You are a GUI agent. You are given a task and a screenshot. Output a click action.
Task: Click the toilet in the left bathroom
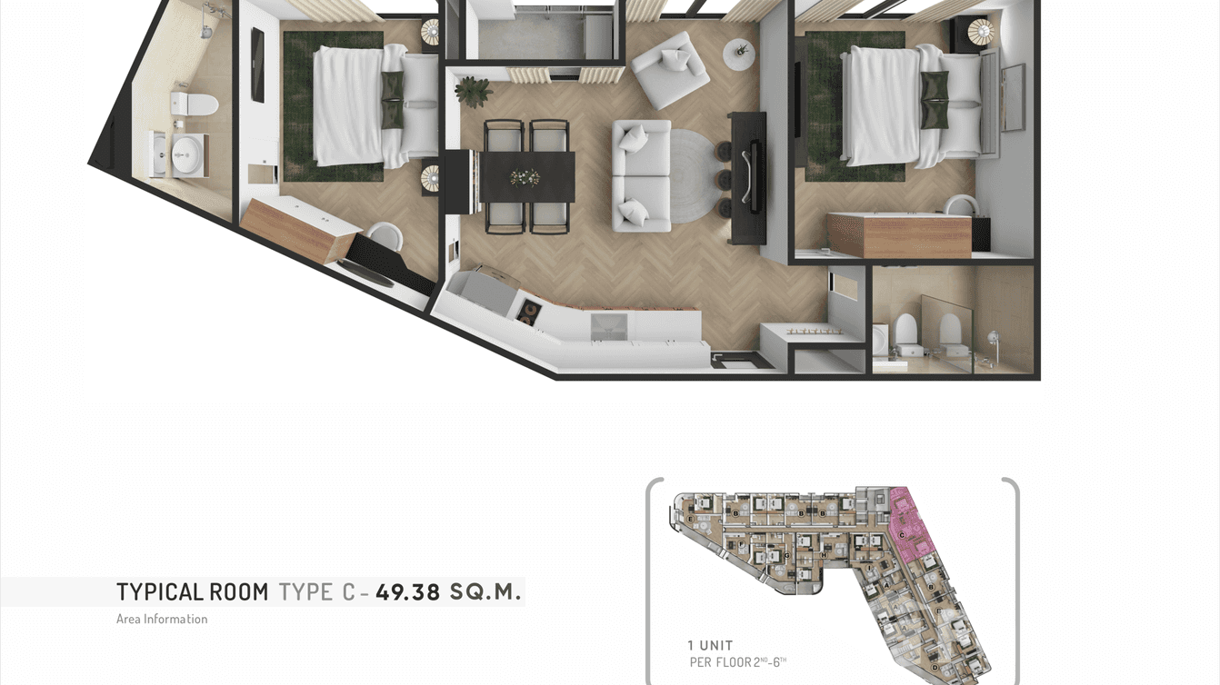pos(196,103)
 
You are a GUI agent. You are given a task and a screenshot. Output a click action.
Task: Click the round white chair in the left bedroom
pos(385,236)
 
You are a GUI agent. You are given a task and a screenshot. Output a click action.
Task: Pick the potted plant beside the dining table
pos(473,90)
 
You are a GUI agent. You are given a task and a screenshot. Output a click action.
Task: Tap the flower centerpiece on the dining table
pos(525,177)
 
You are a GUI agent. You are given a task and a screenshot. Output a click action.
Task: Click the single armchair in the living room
pos(670,68)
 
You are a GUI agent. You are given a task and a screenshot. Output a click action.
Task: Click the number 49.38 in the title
pos(407,592)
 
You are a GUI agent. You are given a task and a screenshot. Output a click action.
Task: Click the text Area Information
pos(162,619)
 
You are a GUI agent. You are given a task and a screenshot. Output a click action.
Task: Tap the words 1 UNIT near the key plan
pos(710,645)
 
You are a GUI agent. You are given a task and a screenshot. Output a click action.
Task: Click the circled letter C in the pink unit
pos(901,536)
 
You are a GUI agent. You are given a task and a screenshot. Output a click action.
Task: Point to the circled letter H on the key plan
pos(823,555)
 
